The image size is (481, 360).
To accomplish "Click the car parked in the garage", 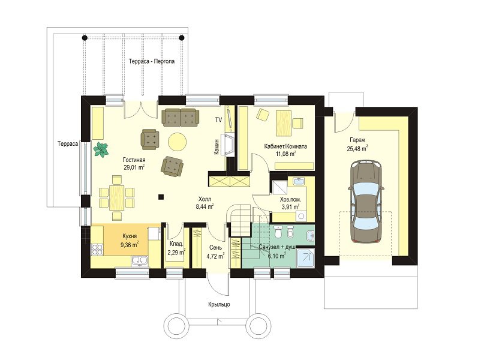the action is (366, 202).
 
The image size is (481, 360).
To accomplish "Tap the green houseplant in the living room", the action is (101, 150).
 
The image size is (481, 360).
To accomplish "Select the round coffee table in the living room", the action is (178, 142).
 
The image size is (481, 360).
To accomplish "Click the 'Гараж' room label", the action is (357, 140).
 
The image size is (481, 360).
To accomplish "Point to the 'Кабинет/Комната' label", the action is (285, 146).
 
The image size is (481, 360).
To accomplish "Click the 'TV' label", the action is (218, 119).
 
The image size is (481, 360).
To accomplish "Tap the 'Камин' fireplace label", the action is (217, 146).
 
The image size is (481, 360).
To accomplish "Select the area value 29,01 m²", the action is (134, 167).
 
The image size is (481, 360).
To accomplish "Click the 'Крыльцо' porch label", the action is (219, 304).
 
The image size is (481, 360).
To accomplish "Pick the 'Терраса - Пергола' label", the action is (152, 61).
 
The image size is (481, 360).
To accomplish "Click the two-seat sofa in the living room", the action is (181, 117).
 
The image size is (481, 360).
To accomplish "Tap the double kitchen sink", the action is (140, 260).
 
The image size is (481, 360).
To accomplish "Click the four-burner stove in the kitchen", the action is (97, 249).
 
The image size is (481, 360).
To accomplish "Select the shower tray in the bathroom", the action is (305, 257).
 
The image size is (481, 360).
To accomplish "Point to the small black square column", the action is (161, 197).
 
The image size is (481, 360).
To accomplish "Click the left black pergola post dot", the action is (85, 38).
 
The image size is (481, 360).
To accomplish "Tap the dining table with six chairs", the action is (116, 197).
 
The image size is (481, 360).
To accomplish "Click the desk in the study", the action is (283, 124).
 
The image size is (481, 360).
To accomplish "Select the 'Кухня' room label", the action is (130, 236).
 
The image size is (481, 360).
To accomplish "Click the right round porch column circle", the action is (260, 326).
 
